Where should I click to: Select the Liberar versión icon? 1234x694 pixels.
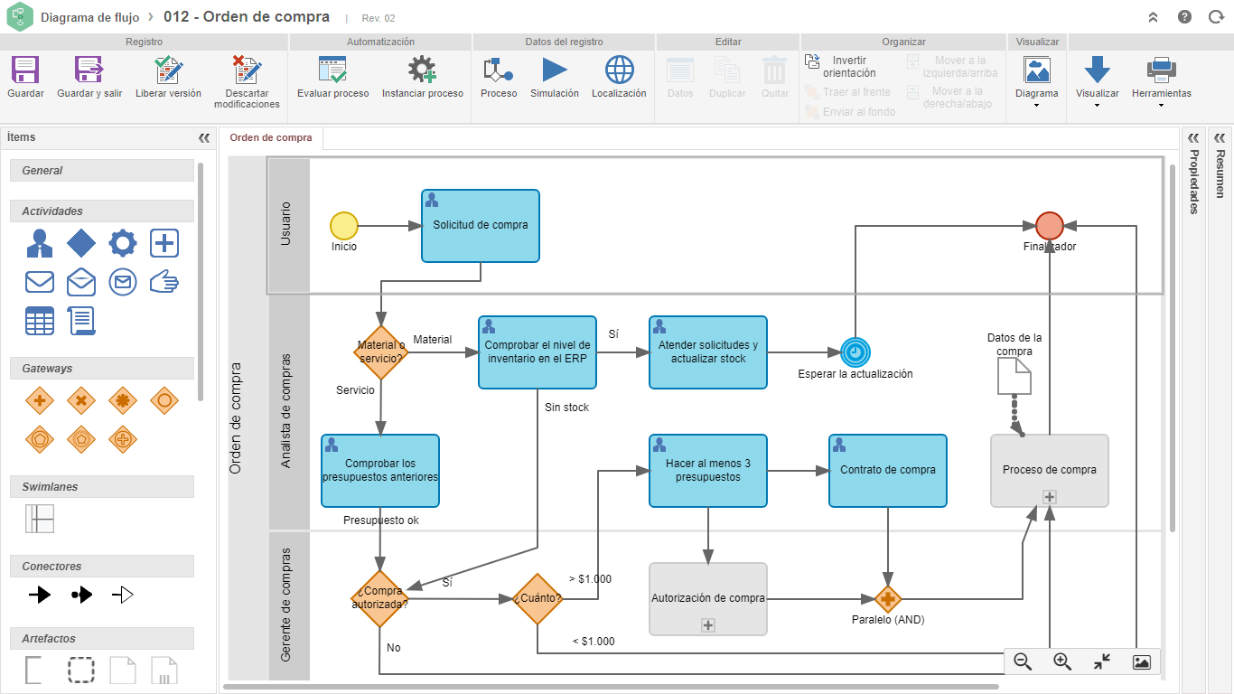click(168, 70)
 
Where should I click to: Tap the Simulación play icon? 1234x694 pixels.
click(554, 70)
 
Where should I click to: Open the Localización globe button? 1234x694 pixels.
click(619, 70)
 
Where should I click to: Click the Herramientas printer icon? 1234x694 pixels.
click(1162, 70)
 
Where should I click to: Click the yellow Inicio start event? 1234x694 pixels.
click(344, 226)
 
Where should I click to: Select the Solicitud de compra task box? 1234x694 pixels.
click(481, 226)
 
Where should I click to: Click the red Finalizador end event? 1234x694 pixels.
click(1050, 226)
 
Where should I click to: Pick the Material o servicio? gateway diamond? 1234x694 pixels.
click(380, 352)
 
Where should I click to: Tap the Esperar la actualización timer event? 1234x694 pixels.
click(855, 352)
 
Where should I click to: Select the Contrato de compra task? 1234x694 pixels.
click(888, 471)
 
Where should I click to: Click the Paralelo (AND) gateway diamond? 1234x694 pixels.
click(888, 598)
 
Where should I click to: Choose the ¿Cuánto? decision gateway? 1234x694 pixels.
click(538, 598)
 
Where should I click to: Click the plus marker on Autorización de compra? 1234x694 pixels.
click(708, 625)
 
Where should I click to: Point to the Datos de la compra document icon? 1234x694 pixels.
click(1014, 376)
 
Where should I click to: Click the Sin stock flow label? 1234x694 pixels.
click(567, 408)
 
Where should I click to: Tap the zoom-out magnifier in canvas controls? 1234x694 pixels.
click(1023, 661)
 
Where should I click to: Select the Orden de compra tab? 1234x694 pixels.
click(271, 138)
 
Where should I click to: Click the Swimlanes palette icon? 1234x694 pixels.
click(40, 519)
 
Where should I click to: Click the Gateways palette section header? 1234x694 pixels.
click(102, 368)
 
